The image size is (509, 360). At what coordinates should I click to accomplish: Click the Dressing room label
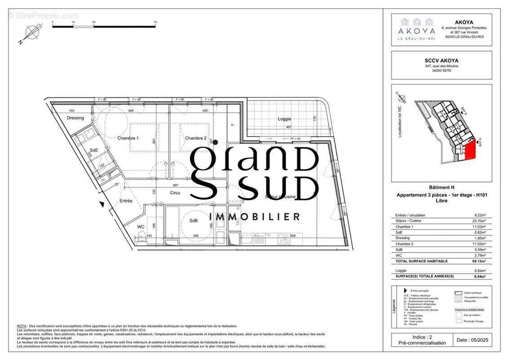tap(75, 118)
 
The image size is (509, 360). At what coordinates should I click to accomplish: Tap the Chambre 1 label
tap(128, 138)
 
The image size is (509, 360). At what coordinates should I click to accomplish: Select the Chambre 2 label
tap(196, 138)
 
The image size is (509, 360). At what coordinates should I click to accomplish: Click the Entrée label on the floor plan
tap(125, 201)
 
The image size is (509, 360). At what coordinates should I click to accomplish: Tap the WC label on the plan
tap(141, 227)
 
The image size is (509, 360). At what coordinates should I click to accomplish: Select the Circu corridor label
tap(175, 193)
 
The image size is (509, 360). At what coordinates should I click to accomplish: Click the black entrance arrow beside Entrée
tap(103, 205)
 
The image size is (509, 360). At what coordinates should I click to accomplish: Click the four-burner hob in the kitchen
tap(283, 238)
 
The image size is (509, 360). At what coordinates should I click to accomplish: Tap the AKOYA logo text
tap(416, 31)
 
